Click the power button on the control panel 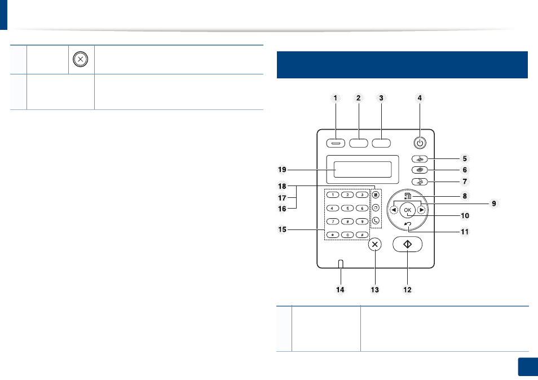click(x=420, y=143)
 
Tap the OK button click(x=407, y=210)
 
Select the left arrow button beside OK click(x=394, y=210)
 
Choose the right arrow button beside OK click(x=421, y=210)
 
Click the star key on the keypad click(x=333, y=235)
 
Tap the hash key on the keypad click(x=362, y=235)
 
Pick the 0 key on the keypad click(x=347, y=235)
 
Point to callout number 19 click(x=282, y=170)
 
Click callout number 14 click(x=340, y=290)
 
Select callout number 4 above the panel click(x=420, y=98)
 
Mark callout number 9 click(x=494, y=204)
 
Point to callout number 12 click(x=407, y=290)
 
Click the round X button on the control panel click(x=374, y=245)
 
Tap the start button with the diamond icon click(x=407, y=244)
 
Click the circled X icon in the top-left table click(x=80, y=59)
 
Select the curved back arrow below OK click(x=408, y=224)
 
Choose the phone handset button click(x=376, y=221)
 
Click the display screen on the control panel click(x=362, y=170)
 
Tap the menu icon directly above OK click(x=408, y=196)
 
